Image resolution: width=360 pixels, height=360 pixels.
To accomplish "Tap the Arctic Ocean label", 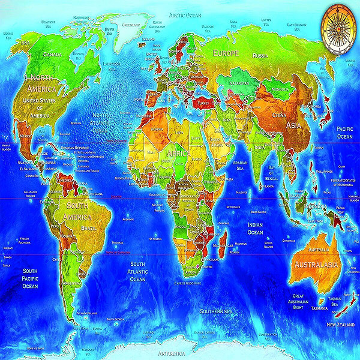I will click(x=185, y=14).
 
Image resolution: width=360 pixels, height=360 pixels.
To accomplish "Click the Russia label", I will click(x=260, y=55).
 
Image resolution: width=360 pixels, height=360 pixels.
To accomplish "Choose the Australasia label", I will click(x=314, y=265).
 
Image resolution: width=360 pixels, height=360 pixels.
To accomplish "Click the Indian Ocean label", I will click(x=255, y=229).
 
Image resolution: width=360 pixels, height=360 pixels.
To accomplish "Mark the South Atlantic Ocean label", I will click(x=138, y=271).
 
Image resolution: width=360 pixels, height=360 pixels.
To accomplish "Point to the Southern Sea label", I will click(x=217, y=311).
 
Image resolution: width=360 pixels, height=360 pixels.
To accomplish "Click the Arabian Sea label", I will click(x=240, y=165).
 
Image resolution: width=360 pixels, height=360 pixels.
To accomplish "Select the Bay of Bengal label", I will click(x=275, y=175).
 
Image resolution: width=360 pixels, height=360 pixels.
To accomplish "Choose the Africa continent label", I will click(x=187, y=154).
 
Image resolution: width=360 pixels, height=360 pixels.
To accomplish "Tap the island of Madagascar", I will click(x=222, y=244).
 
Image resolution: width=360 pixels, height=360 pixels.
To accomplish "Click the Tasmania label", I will click(x=319, y=308).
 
